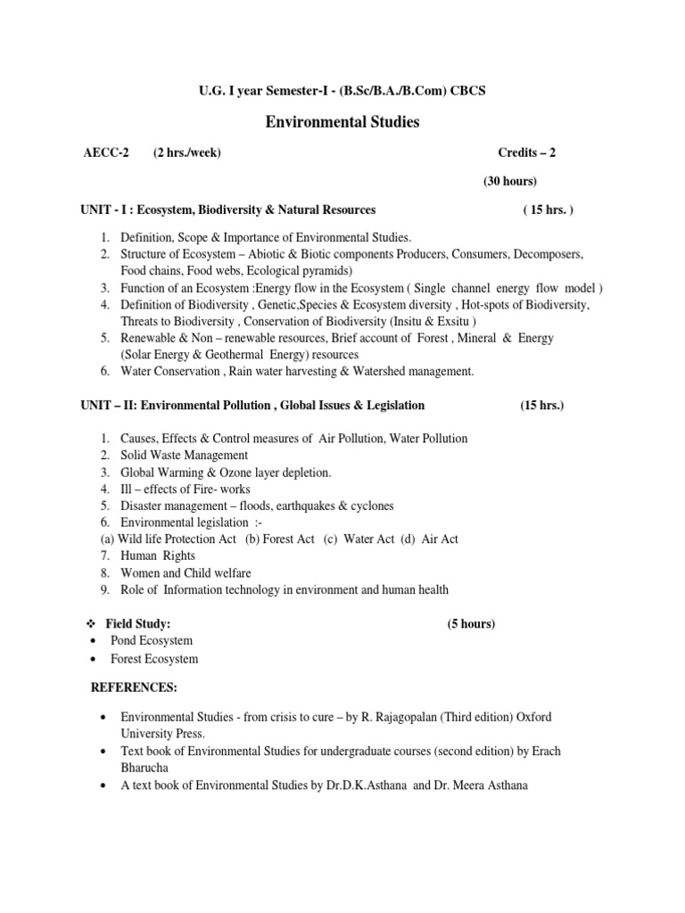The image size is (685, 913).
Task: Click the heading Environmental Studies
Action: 342,122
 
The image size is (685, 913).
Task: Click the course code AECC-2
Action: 105,152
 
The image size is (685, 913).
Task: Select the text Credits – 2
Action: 526,152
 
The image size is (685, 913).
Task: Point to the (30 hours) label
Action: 510,181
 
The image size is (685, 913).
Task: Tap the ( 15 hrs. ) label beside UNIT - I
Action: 548,210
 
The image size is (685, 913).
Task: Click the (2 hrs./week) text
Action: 186,152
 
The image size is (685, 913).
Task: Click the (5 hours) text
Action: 471,624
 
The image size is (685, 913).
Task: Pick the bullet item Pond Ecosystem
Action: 151,641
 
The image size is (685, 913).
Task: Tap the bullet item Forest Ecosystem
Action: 153,659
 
